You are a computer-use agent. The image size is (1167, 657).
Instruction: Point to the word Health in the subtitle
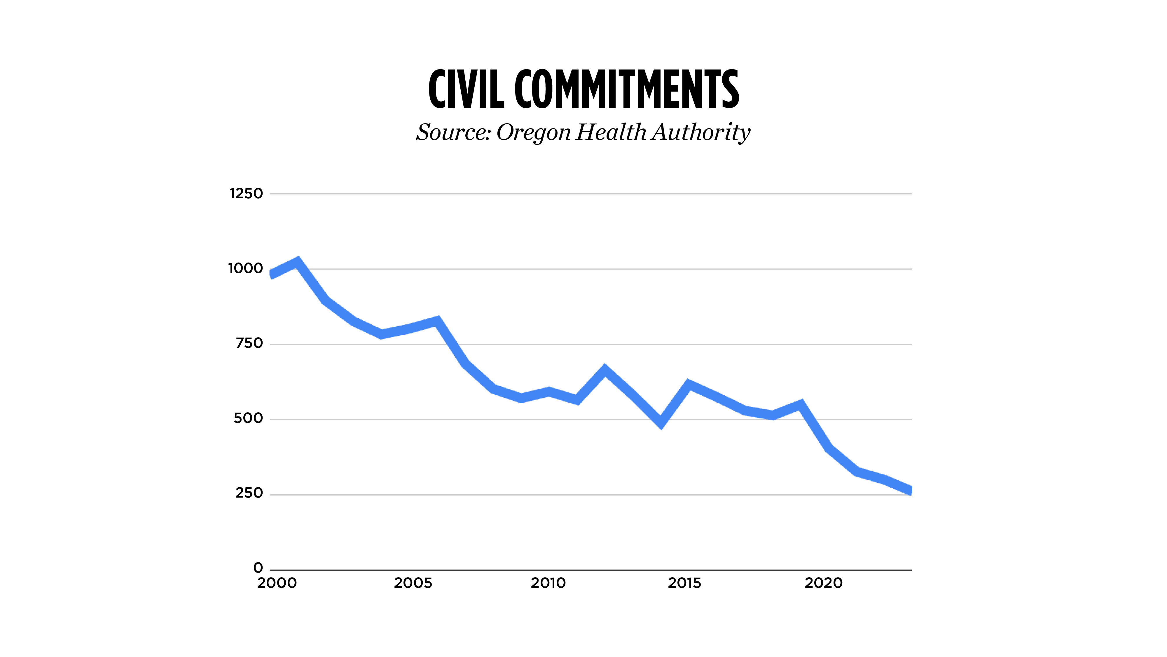pyautogui.click(x=611, y=132)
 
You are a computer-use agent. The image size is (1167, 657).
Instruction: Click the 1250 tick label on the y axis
pyautogui.click(x=246, y=194)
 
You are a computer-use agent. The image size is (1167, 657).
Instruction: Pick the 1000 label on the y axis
pyautogui.click(x=245, y=268)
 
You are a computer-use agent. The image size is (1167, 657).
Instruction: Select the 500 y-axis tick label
pyautogui.click(x=248, y=418)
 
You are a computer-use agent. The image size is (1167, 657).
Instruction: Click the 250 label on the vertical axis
pyautogui.click(x=249, y=493)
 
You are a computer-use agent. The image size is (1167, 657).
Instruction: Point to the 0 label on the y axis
pyautogui.click(x=258, y=568)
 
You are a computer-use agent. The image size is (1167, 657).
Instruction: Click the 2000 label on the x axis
pyautogui.click(x=277, y=583)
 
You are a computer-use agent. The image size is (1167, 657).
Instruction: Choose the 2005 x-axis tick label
pyautogui.click(x=413, y=583)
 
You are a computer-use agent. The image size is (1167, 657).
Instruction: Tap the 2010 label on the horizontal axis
pyautogui.click(x=548, y=583)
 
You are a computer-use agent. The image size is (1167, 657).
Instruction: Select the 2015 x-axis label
pyautogui.click(x=684, y=583)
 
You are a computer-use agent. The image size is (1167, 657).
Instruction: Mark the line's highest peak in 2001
pyautogui.click(x=298, y=262)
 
